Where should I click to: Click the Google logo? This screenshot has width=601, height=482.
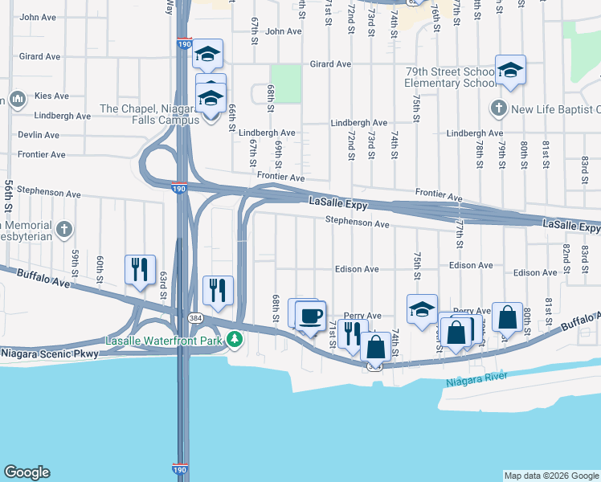[27, 472]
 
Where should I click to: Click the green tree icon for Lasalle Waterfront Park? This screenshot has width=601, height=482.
[235, 340]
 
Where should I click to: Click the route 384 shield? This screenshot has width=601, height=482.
[195, 319]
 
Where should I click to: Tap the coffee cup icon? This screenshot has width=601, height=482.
[310, 315]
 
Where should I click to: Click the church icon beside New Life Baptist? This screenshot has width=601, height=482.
[497, 108]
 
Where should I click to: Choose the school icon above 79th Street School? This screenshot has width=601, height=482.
[509, 70]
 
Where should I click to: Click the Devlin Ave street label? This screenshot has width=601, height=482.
[40, 135]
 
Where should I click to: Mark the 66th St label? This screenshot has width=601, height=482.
[231, 116]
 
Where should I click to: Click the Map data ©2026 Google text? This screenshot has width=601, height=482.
[551, 476]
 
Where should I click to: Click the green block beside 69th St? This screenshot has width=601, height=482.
[285, 84]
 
